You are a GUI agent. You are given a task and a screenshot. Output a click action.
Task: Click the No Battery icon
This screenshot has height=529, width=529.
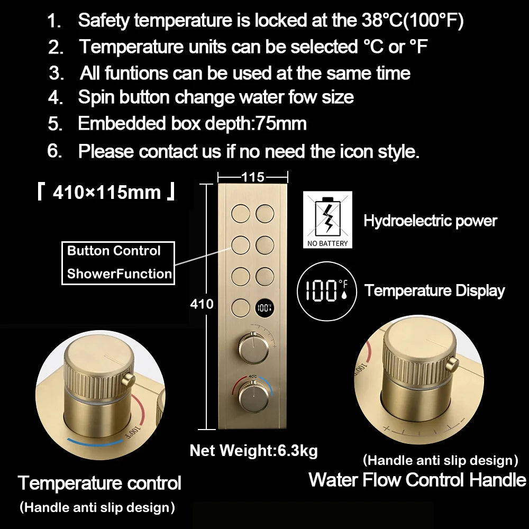(327, 220)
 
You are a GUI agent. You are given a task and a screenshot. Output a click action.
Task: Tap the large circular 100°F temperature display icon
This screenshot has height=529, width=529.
(326, 291)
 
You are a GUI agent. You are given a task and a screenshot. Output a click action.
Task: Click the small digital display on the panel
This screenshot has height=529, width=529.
(264, 308)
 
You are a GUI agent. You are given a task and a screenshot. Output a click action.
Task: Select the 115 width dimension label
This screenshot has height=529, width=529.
(253, 177)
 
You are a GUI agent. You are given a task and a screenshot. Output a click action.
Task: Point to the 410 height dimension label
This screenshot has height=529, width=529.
(202, 304)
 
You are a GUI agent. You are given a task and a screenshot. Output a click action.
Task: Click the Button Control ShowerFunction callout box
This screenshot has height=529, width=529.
(118, 263)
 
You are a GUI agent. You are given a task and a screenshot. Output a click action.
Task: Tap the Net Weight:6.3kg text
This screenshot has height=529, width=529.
(254, 451)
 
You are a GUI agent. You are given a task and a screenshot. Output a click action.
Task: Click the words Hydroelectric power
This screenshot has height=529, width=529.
(430, 221)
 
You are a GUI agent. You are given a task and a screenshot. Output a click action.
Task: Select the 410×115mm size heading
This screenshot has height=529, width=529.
(107, 193)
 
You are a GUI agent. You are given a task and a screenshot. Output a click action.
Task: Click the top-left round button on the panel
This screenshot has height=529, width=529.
(241, 214)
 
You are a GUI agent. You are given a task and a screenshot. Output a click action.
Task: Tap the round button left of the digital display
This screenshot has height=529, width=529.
(241, 308)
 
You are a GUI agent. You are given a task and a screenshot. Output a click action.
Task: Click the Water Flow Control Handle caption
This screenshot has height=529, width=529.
(417, 480)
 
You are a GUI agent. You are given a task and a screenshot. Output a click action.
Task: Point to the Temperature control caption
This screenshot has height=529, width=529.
(99, 483)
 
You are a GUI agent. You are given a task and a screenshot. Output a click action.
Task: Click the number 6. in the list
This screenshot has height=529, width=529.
(54, 151)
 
